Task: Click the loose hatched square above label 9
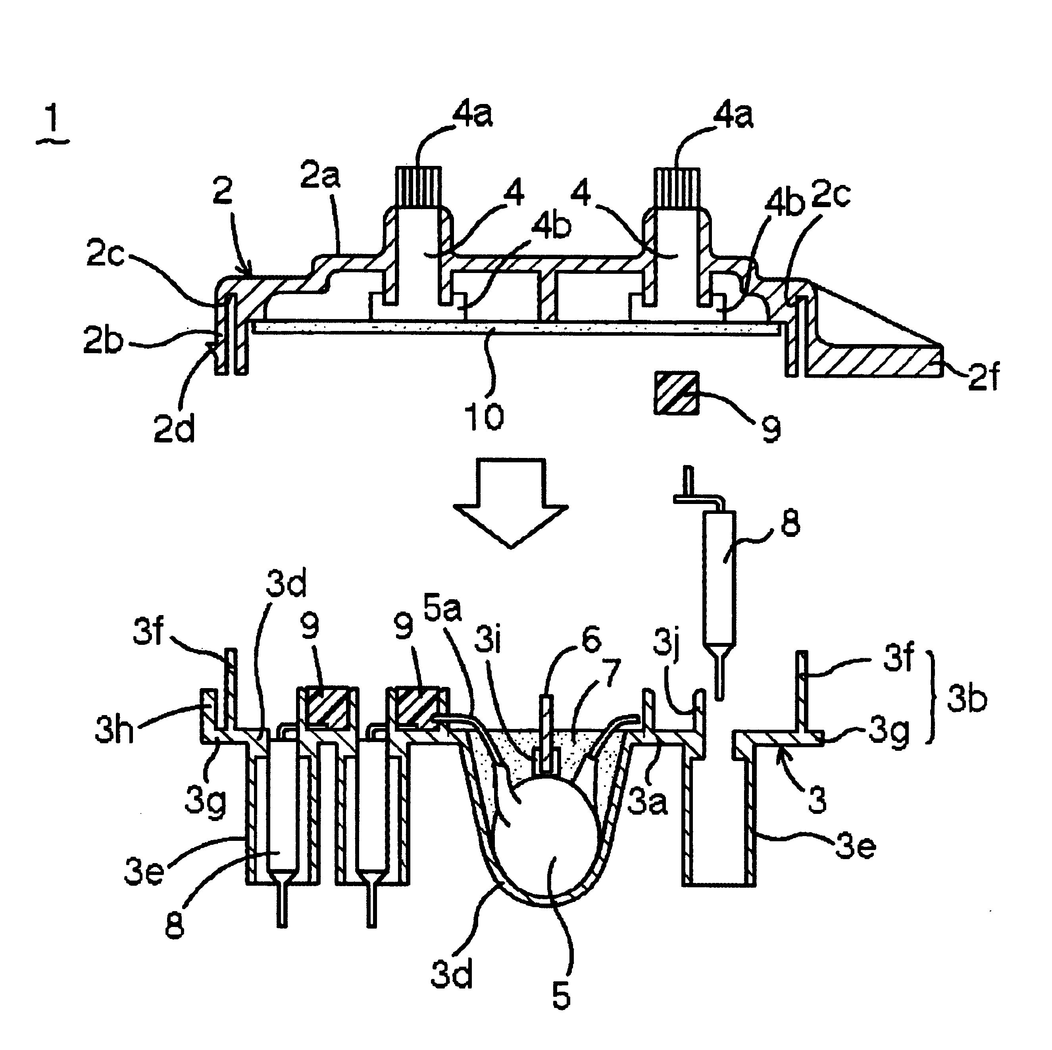click(x=676, y=393)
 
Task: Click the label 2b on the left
click(x=102, y=341)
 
